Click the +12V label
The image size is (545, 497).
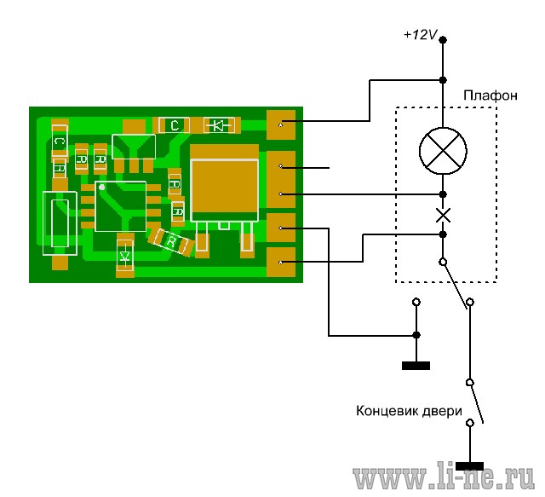point(420,34)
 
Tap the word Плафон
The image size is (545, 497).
point(490,95)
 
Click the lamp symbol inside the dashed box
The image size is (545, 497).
point(443,151)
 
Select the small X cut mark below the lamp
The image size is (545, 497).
point(443,215)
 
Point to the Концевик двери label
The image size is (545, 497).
point(409,411)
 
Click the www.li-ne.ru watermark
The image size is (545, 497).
point(444,476)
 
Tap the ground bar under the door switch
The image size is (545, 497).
point(469,466)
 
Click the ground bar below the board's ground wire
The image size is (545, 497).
point(416,366)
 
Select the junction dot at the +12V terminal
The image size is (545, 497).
point(443,40)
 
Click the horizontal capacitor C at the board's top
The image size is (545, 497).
point(174,125)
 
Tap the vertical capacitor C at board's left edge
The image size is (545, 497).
point(60,142)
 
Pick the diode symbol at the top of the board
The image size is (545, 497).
point(219,125)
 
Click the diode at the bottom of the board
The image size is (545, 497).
point(125,257)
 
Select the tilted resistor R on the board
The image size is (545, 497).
point(170,241)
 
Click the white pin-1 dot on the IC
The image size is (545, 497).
point(101,188)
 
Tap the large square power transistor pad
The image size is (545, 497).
point(224,183)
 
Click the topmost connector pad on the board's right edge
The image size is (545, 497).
point(281,125)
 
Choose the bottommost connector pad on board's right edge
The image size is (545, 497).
point(281,262)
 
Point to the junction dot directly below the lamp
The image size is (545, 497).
point(443,194)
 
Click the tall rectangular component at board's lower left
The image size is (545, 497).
point(60,223)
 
